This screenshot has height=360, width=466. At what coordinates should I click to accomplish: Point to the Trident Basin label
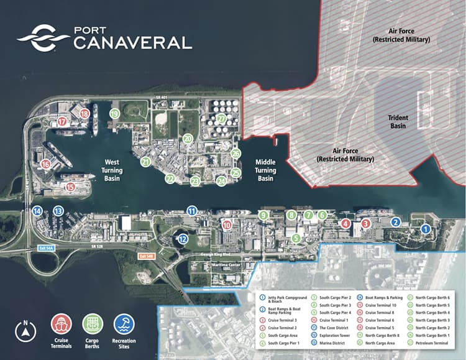tap(398, 121)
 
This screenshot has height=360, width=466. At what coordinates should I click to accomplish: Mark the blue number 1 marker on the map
tap(426, 229)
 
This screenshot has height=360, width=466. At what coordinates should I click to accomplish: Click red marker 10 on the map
tap(227, 225)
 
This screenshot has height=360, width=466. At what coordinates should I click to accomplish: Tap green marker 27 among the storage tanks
tap(221, 118)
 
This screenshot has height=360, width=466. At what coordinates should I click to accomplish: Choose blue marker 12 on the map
tap(183, 238)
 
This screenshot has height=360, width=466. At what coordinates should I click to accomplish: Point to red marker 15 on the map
tap(71, 187)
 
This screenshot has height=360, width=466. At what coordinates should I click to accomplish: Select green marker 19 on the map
tap(114, 114)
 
